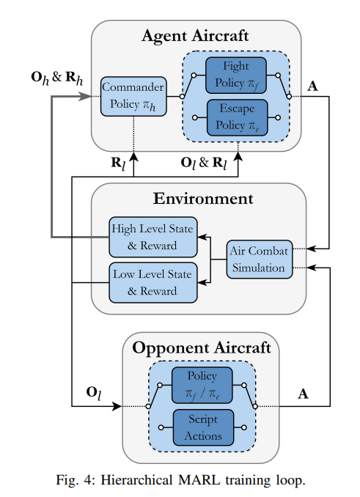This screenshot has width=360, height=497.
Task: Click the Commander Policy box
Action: coord(133,96)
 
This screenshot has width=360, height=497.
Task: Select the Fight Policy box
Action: coord(236,76)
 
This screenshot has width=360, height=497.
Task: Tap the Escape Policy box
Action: coord(237,117)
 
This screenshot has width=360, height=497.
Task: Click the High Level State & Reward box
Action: coord(153,237)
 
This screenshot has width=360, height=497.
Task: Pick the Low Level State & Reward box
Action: coord(153,282)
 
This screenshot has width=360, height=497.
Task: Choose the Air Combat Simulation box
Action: coord(260,259)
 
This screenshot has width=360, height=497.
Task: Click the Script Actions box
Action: coord(203,427)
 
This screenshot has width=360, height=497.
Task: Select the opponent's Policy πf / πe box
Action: coord(202,385)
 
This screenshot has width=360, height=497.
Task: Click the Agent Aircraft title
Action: coord(195,35)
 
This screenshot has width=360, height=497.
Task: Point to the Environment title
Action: coord(203,199)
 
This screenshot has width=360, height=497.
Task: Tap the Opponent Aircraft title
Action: coord(202,347)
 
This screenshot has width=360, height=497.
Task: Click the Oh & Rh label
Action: coord(57,78)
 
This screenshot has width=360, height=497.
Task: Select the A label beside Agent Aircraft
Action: coord(312,86)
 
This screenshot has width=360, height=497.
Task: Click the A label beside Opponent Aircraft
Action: coord(303,394)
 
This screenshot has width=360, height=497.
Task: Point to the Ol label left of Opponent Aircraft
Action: coord(94,394)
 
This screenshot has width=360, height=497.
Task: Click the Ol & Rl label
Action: coord(204,163)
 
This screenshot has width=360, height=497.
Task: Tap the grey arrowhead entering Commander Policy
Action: coord(85,96)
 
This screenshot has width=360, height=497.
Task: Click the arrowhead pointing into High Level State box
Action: coord(202,237)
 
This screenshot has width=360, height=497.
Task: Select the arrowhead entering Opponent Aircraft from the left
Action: coord(117,406)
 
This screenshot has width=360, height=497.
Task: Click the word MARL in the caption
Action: coord(199,480)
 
